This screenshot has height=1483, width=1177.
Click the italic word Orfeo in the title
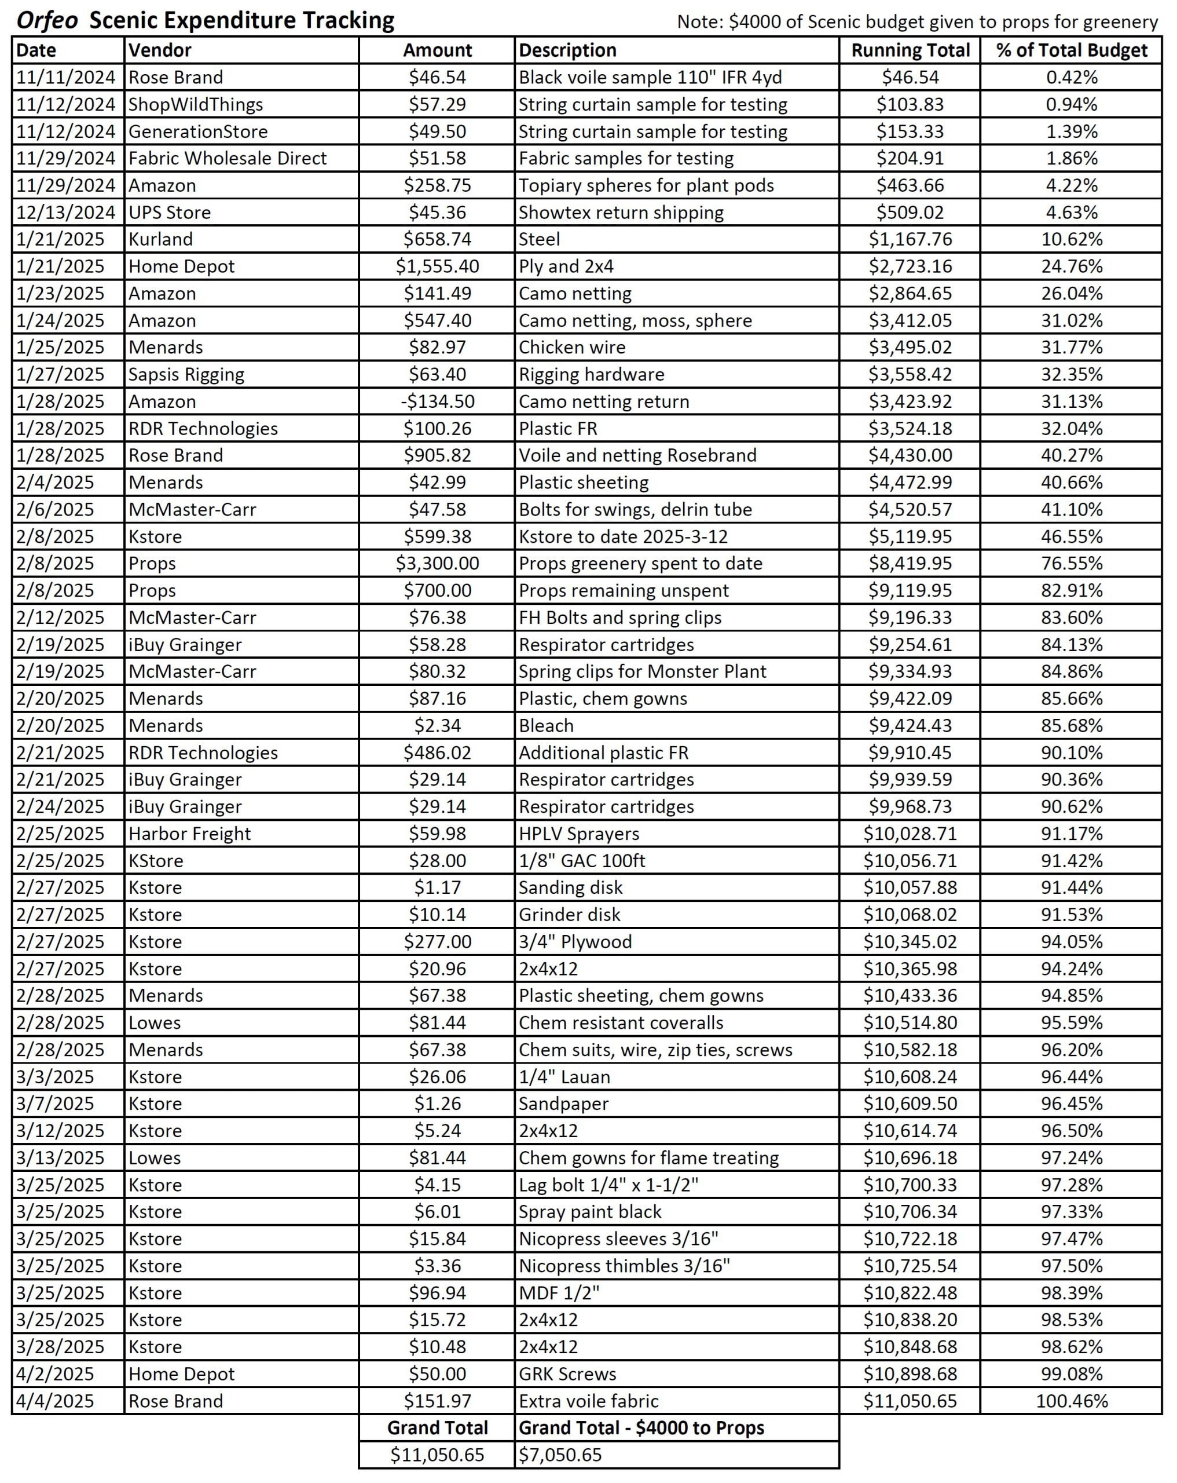(x=47, y=20)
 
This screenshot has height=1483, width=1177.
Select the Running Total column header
(x=910, y=50)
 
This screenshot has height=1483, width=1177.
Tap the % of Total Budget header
(x=1071, y=50)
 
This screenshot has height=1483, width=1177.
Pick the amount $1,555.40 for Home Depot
(x=437, y=266)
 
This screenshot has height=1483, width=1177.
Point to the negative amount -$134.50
(x=437, y=401)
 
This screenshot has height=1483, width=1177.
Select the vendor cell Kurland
(x=161, y=239)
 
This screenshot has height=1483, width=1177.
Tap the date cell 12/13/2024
(x=65, y=212)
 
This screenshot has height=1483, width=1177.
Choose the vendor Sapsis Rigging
(x=186, y=374)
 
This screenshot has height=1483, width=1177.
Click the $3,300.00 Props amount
(x=437, y=563)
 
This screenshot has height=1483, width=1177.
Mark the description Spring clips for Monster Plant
(x=642, y=671)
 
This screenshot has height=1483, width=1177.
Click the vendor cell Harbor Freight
(x=190, y=834)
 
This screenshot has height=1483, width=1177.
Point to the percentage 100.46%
(x=1071, y=1401)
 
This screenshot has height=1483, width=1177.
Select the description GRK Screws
(x=567, y=1374)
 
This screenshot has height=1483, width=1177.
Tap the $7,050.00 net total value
(x=560, y=1455)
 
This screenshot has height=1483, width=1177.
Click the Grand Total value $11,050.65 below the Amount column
(x=437, y=1455)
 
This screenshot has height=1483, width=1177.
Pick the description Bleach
(x=546, y=726)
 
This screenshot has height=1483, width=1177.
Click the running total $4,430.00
(x=910, y=455)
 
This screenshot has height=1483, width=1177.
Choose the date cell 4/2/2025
(x=55, y=1374)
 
